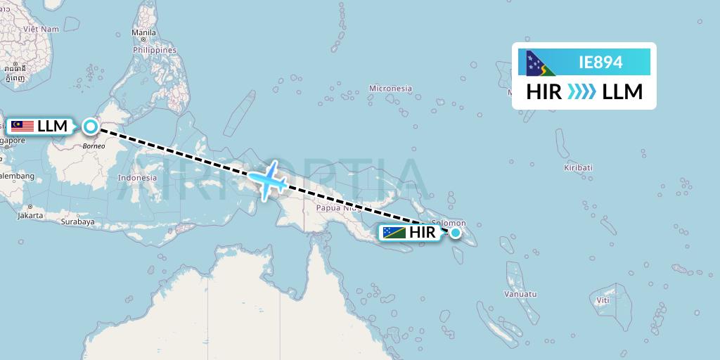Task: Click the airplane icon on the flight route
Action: coord(268,179)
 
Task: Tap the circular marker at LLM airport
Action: coord(91,127)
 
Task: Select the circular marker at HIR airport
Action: coord(456,233)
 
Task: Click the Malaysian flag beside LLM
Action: coord(22,127)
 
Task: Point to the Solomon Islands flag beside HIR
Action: coord(394,233)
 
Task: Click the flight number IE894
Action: coord(600,63)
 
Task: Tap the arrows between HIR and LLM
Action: coord(581,92)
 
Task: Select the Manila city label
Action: coord(143,33)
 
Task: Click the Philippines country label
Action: coord(155,51)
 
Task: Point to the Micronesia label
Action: coord(390,89)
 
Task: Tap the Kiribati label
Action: coord(578,167)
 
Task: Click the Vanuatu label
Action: coord(520,294)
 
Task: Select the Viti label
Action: coord(603,300)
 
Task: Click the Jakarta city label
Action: coord(31,215)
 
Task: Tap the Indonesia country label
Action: coord(137,178)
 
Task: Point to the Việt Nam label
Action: coord(41,29)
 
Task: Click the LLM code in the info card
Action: coord(623,92)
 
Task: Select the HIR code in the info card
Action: coord(544,92)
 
